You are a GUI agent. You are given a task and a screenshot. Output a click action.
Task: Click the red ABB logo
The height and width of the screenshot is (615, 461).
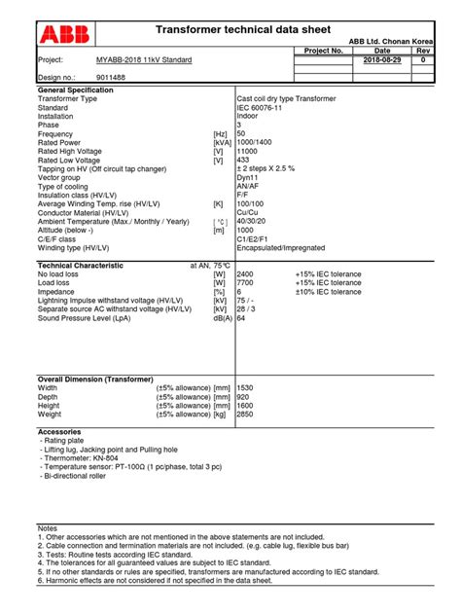[64, 36]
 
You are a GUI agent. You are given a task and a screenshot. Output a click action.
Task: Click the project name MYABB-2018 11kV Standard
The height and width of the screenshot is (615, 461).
[144, 60]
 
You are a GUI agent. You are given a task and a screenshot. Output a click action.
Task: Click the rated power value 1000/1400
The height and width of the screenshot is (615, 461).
[256, 142]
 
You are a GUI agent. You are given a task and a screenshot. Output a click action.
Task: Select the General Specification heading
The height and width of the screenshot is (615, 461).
[75, 90]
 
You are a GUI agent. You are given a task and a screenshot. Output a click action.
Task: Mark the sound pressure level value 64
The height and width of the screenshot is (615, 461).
[241, 318]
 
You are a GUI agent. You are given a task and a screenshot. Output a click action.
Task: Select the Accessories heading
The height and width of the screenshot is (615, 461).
[59, 431]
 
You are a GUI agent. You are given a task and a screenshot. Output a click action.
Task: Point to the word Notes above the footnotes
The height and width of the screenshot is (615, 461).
[48, 527]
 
